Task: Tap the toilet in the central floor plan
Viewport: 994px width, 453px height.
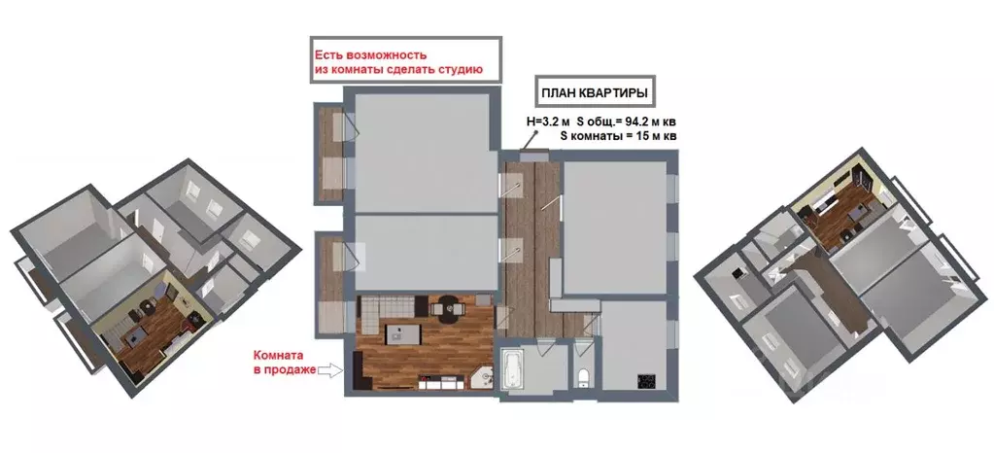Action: pyautogui.click(x=582, y=376)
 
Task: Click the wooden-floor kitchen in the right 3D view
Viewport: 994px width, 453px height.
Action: pyautogui.click(x=836, y=206)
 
